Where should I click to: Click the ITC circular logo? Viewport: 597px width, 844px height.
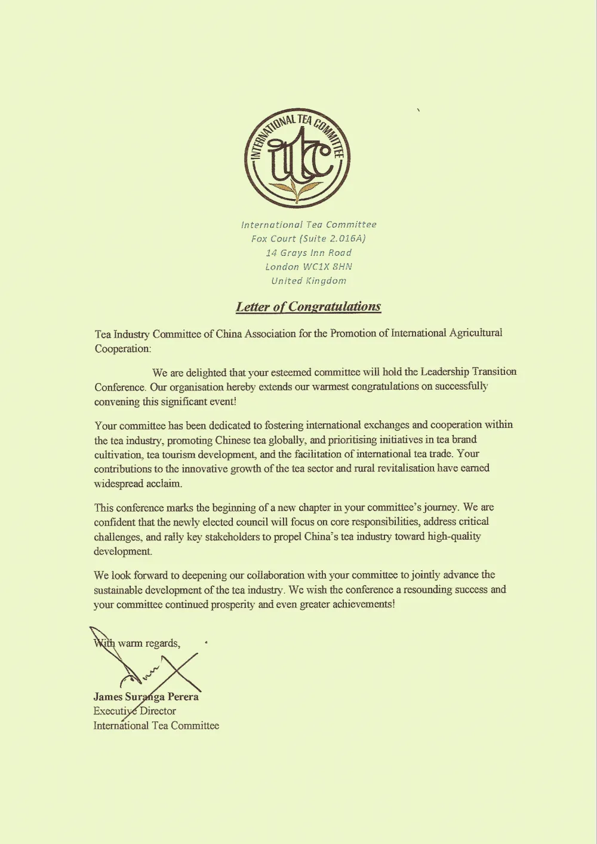[x=297, y=158]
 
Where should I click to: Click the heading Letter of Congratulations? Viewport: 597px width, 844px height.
[x=308, y=307]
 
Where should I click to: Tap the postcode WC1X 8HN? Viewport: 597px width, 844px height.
[x=328, y=267]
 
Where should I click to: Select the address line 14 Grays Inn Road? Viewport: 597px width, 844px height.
[x=309, y=252]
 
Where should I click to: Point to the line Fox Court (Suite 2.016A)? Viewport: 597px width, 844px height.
[x=308, y=238]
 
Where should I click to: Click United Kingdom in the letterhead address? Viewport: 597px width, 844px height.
[x=309, y=280]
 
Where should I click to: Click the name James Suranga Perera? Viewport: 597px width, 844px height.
[x=146, y=696]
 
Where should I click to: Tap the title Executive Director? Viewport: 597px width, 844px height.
[x=134, y=711]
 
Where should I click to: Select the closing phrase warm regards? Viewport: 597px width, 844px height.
[x=149, y=643]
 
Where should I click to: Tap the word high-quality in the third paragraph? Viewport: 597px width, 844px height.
[x=454, y=536]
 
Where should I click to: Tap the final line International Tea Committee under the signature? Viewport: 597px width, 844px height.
[x=156, y=726]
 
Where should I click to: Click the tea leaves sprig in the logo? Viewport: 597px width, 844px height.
[x=297, y=190]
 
